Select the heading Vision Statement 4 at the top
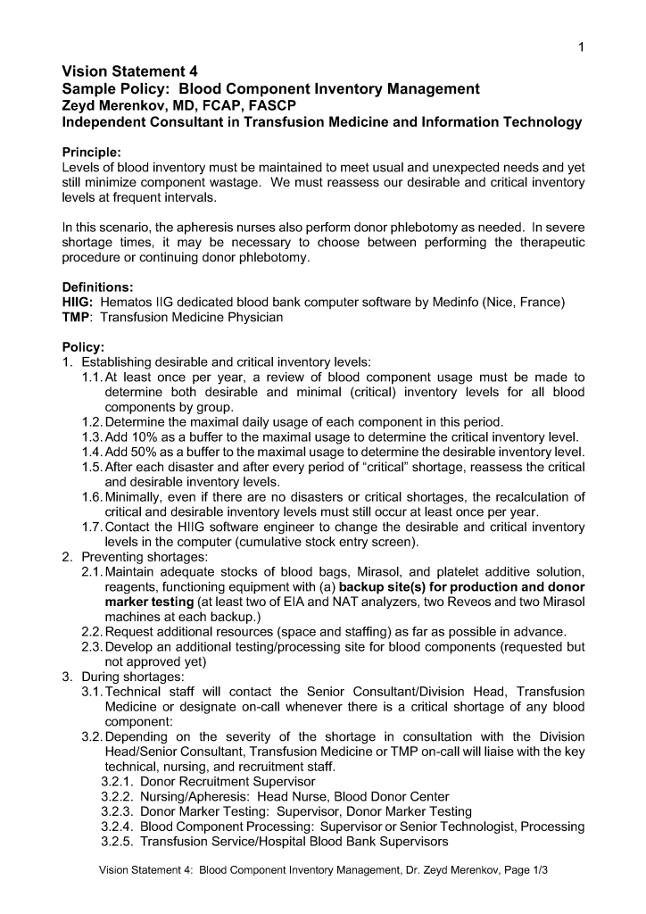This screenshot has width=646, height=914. pos(129,71)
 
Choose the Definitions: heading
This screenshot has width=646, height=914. pos(97,287)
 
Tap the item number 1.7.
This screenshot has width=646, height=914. pos(92,527)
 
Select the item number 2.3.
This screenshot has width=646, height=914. pos(92,647)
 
